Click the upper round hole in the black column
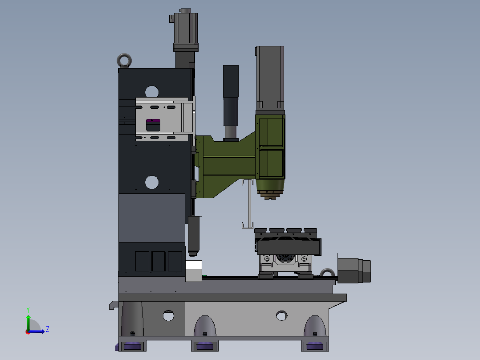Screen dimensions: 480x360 click(152, 92)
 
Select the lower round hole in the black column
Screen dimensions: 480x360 click(152, 182)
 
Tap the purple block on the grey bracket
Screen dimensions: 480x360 click(153, 121)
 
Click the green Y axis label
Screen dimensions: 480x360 click(28, 310)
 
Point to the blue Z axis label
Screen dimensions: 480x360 click(48, 329)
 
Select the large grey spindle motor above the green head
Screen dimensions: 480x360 click(270, 78)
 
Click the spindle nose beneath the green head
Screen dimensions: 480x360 click(270, 189)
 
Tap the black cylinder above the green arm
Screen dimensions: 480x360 click(231, 102)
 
